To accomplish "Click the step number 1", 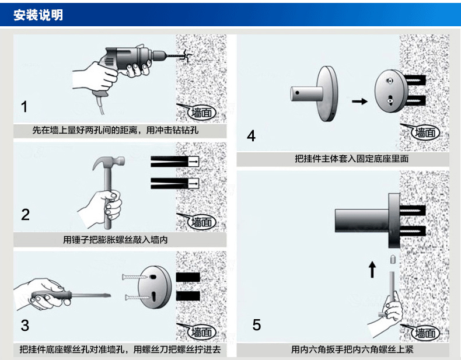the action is tap(25, 107).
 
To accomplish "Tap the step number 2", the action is tap(25, 214).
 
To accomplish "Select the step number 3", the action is tap(25, 324).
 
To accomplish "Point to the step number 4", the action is tap(252, 136).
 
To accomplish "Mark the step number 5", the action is tap(257, 324).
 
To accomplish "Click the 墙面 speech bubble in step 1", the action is tap(197, 112).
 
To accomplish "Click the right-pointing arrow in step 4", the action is tap(361, 101).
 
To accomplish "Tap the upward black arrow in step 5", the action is tap(372, 270).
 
